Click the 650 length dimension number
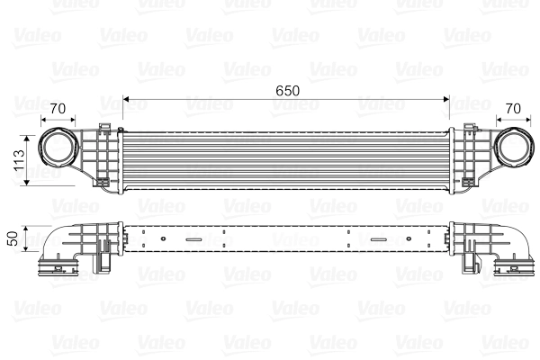point(287,91)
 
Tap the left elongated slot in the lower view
point(193,240)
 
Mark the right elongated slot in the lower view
point(373,240)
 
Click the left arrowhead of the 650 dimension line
point(127,97)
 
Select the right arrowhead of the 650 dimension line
point(446,97)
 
